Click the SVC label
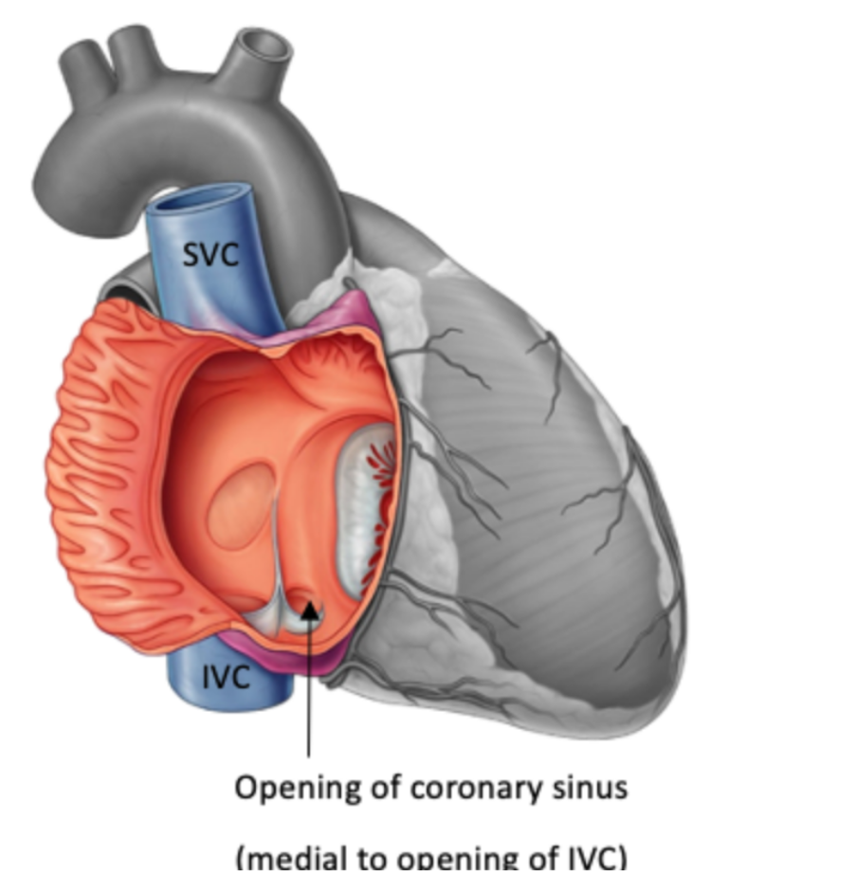(x=210, y=253)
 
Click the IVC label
(x=226, y=676)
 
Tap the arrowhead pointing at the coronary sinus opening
(x=309, y=614)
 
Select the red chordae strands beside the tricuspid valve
(x=379, y=493)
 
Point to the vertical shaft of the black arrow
(x=309, y=692)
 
